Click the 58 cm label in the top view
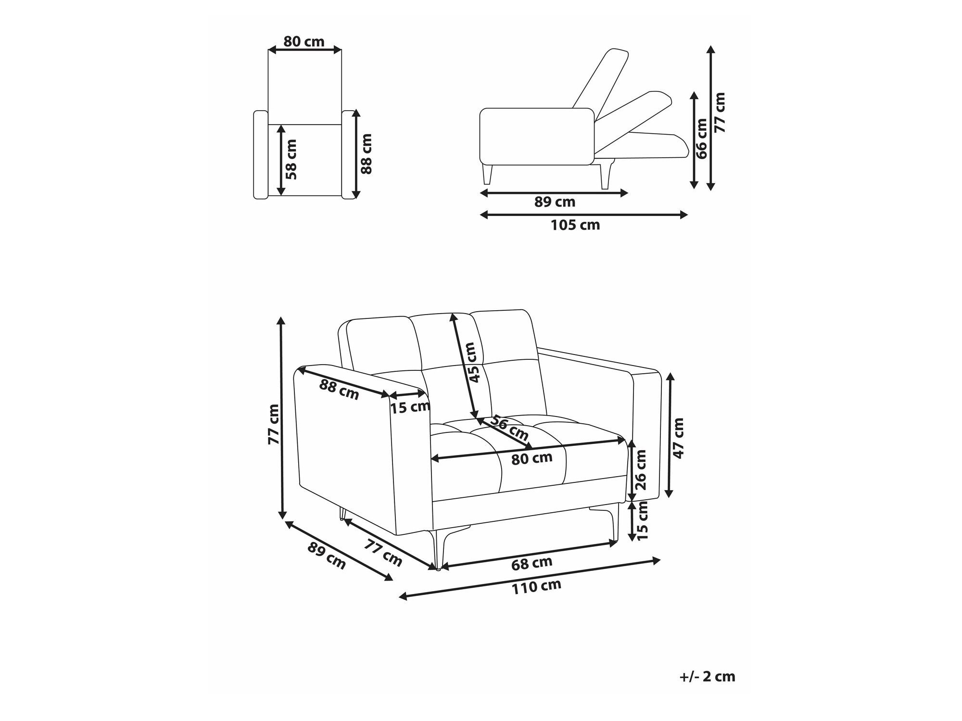291,159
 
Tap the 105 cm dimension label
575,225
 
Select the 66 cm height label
702,139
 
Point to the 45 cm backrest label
474,362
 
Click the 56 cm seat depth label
509,429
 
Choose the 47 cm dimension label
678,438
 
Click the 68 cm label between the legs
532,563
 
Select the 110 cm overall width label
536,586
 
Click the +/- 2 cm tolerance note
707,676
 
